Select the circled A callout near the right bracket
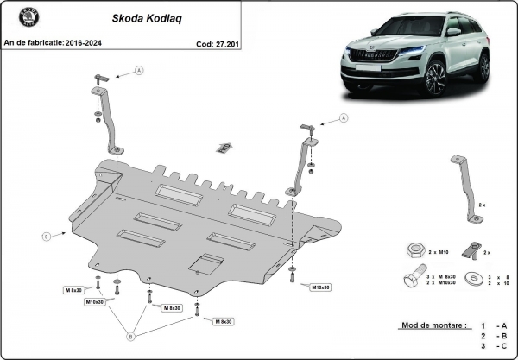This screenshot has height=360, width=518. (343, 117)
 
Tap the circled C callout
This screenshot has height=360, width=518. (44, 234)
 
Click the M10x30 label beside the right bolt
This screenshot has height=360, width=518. (322, 286)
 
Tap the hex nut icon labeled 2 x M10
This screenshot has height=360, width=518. (410, 250)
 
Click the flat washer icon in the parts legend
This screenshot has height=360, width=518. (474, 279)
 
